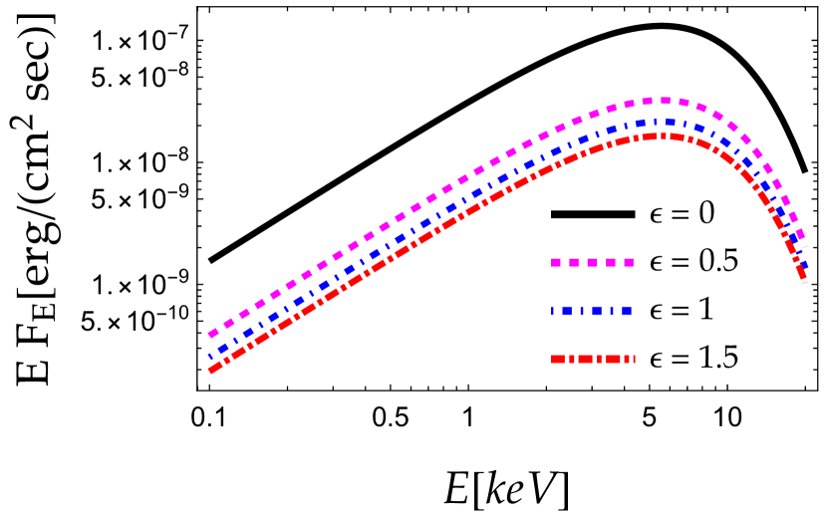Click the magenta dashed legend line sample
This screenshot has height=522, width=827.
click(592, 262)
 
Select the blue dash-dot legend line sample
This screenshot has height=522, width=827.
click(592, 311)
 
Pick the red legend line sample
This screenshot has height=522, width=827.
click(592, 359)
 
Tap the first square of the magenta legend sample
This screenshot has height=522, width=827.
click(556, 262)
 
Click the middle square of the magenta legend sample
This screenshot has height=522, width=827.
click(592, 262)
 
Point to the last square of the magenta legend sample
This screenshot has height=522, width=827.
click(629, 262)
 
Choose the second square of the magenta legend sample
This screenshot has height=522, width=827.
click(574, 262)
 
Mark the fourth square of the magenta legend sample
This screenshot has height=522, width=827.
click(611, 262)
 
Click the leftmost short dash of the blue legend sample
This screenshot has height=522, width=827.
click(552, 311)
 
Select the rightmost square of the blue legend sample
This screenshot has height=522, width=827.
click(627, 311)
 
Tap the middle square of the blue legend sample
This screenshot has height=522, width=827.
click(597, 311)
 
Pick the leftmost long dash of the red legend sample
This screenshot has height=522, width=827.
click(558, 359)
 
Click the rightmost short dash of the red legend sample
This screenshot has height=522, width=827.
click(634, 359)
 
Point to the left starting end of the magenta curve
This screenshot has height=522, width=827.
click(210, 335)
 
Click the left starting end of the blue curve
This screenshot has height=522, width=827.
click(209, 356)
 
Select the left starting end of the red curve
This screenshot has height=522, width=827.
click(210, 371)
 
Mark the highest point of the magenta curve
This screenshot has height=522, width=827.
click(660, 101)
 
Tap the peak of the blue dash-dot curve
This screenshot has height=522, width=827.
click(658, 123)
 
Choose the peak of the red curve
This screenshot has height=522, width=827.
click(658, 135)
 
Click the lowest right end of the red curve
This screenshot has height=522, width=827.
click(804, 281)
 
